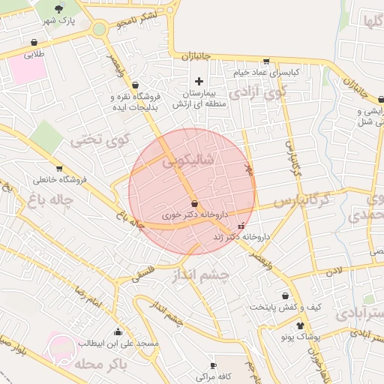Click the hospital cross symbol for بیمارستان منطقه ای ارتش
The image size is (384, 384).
click(199, 81)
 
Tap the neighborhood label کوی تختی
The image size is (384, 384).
click(100, 139)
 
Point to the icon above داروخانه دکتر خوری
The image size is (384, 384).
click(195, 203)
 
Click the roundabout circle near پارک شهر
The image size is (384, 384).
click(99, 29)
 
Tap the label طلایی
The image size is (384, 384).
click(34, 54)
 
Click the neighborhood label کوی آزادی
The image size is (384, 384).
click(258, 93)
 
